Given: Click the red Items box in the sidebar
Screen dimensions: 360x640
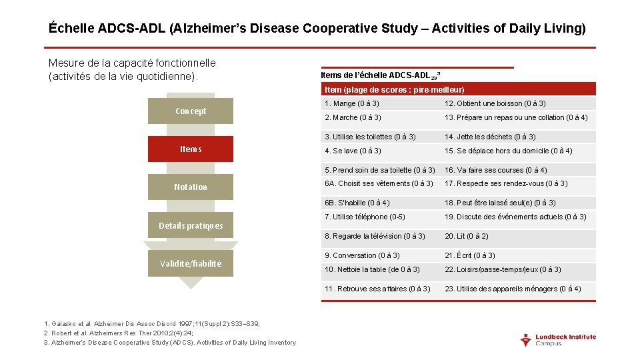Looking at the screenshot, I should (191, 149).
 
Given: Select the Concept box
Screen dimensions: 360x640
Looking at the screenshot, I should (191, 111).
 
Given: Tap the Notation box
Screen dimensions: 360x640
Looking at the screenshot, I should (191, 187).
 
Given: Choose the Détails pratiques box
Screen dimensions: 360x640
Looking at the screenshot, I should (191, 225).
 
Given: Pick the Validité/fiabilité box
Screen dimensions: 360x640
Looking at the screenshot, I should (191, 263).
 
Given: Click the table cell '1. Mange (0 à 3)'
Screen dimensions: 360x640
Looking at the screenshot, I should (351, 103).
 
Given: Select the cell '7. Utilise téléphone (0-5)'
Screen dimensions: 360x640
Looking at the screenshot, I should (365, 217).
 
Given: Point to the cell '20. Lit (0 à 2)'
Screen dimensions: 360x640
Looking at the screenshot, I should (467, 236).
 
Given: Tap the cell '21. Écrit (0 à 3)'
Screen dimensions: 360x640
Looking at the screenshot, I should (470, 255).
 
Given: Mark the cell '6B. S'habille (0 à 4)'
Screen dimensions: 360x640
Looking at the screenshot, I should (357, 203).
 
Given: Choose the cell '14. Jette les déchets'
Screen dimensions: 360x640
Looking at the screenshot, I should (490, 137).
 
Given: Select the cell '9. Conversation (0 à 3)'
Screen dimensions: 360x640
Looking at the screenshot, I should (363, 255).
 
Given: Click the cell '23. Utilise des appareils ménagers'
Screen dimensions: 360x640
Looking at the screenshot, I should (513, 289).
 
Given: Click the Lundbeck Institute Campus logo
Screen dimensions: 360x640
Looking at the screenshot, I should (558, 339).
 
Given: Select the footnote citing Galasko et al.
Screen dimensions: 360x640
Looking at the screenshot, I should (151, 324).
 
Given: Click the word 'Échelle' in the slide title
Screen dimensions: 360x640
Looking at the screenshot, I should (71, 29).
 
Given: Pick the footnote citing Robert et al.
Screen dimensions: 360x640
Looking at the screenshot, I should (118, 333).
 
